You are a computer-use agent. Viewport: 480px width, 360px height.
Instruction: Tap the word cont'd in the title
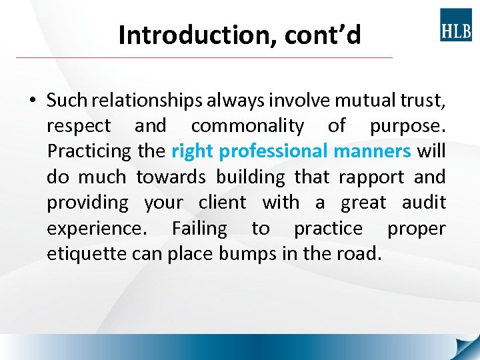click(323, 35)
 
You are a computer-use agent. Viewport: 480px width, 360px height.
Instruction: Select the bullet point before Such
click(33, 101)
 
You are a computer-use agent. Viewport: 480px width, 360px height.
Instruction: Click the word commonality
click(247, 126)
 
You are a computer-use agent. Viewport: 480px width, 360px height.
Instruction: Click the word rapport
click(371, 177)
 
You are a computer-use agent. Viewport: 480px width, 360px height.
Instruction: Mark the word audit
click(422, 203)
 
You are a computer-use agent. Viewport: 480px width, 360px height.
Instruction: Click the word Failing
click(199, 229)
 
